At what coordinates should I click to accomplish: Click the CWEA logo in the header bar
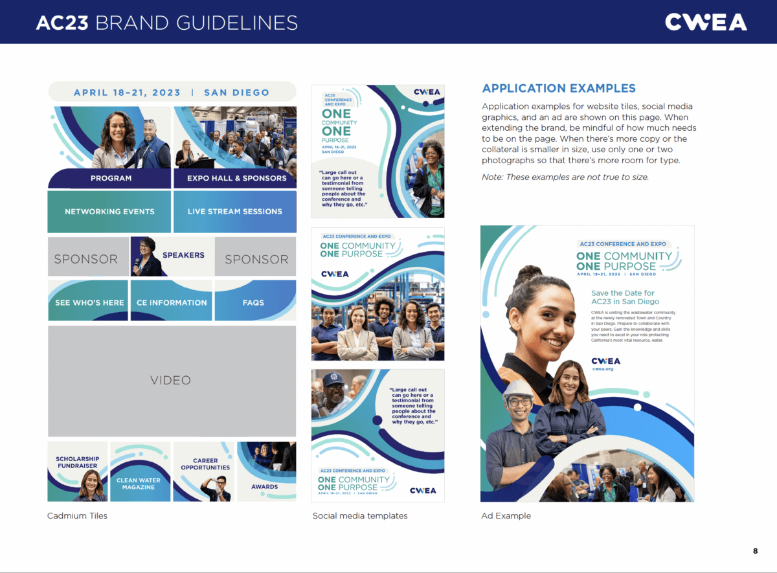706,22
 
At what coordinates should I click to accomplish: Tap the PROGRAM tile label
111,178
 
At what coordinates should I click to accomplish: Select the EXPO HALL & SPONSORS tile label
236,178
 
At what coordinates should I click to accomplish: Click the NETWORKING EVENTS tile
109,212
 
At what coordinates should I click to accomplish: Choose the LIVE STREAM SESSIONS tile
235,212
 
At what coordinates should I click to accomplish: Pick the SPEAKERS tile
183,255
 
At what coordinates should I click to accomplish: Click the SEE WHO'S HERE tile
89,302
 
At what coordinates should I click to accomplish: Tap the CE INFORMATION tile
172,302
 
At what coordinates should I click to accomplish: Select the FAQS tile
253,302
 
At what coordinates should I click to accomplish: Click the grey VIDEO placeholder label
171,380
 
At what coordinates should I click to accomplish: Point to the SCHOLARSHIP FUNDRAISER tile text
77,462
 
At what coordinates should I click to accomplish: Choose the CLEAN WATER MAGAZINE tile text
139,484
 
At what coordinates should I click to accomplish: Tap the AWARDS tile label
265,487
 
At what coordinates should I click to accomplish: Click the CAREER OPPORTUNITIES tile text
205,464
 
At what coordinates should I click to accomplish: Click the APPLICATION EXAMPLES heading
559,89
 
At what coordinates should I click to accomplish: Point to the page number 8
755,551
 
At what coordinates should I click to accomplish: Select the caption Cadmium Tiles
77,516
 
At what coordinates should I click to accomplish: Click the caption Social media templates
360,516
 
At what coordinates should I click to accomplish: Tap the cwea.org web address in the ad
602,369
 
